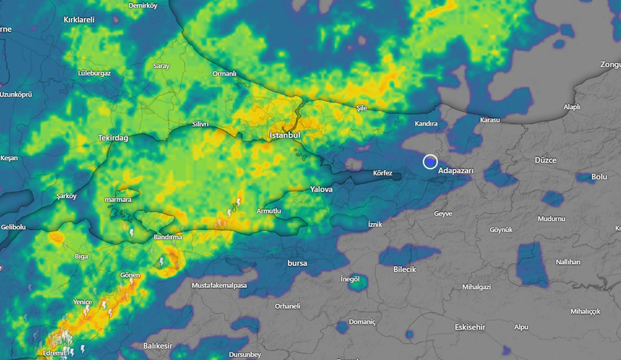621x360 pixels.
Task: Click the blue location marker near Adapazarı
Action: [x=430, y=162]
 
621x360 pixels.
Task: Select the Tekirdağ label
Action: [x=113, y=138]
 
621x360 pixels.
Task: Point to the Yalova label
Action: [x=321, y=189]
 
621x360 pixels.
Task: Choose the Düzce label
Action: [x=545, y=160]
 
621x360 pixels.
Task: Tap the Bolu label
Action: [x=599, y=176]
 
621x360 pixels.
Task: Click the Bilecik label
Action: [x=405, y=269]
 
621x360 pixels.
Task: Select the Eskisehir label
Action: [x=469, y=327]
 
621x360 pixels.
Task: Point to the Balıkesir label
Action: [x=158, y=346]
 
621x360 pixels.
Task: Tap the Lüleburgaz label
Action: [x=95, y=73]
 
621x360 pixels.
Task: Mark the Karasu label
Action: [x=489, y=119]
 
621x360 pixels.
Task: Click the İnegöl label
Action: [x=349, y=279]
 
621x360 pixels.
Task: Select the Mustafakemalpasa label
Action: [x=219, y=285]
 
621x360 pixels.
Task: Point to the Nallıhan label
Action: [x=567, y=262]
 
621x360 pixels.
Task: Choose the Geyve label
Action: [x=442, y=213]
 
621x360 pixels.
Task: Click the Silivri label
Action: [x=200, y=123]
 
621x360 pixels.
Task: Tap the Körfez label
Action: [x=383, y=173]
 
